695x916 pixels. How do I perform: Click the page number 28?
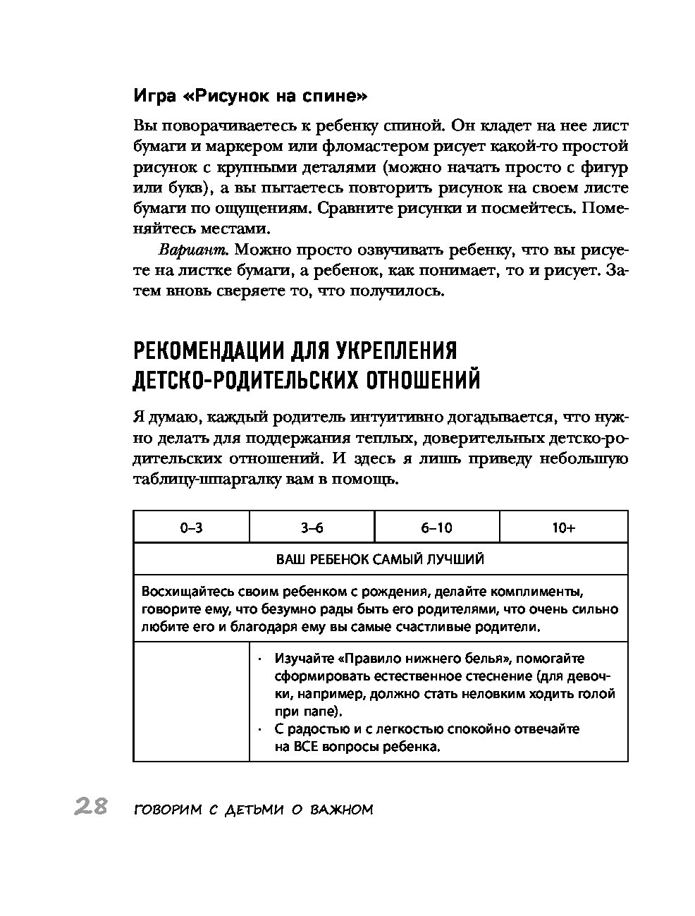click(90, 807)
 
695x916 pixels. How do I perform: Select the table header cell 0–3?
click(191, 527)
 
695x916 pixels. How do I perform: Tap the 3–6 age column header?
click(312, 527)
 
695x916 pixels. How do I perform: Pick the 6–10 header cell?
click(436, 527)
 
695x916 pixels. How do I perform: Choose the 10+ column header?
click(563, 527)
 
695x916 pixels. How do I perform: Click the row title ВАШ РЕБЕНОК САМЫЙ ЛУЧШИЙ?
click(380, 559)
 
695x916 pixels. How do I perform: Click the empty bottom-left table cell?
click(191, 701)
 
